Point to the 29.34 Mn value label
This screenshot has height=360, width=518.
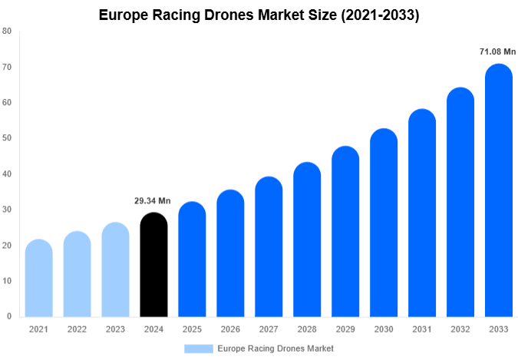click(x=153, y=201)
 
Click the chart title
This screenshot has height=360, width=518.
click(x=259, y=15)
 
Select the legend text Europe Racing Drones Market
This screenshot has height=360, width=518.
click(x=275, y=348)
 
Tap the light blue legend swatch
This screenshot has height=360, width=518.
click(x=198, y=348)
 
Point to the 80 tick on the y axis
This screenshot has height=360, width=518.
click(x=7, y=31)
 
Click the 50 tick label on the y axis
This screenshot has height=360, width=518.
click(x=7, y=138)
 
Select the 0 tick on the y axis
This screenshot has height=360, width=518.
click(x=9, y=316)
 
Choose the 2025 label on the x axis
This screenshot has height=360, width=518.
click(x=192, y=329)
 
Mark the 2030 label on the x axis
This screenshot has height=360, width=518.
click(x=384, y=329)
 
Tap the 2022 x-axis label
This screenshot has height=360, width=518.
click(x=77, y=329)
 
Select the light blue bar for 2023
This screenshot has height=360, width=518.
click(x=115, y=269)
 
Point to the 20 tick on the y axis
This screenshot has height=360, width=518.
click(x=7, y=246)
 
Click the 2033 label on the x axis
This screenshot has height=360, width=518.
click(x=499, y=329)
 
